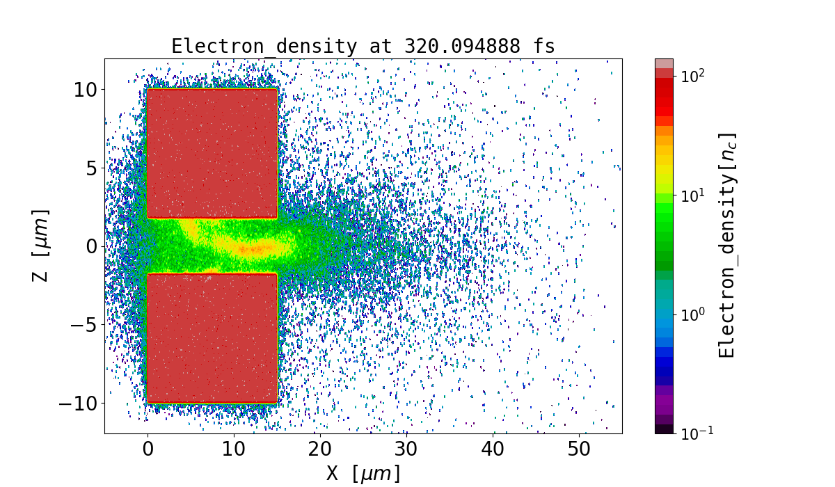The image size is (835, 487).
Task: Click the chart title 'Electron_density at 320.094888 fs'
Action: [363, 47]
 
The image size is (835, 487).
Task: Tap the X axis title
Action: [363, 473]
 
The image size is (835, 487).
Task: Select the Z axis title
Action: [41, 246]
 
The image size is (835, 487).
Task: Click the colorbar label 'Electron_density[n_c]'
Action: [726, 246]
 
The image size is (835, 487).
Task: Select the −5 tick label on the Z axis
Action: [83, 324]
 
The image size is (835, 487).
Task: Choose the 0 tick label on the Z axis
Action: [90, 246]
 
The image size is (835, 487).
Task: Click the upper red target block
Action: [212, 153]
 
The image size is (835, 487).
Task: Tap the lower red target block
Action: [212, 338]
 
